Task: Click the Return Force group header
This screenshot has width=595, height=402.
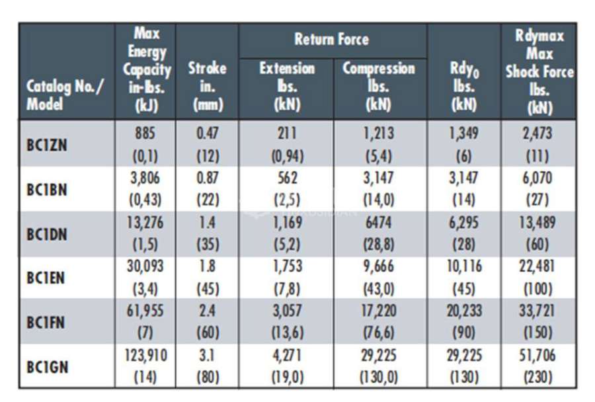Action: tap(332, 40)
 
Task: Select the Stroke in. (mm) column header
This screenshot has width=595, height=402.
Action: tap(207, 87)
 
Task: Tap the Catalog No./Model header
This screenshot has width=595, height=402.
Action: tap(65, 95)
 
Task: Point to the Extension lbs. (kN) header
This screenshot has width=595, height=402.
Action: tap(287, 87)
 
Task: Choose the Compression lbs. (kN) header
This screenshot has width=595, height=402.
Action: tap(379, 87)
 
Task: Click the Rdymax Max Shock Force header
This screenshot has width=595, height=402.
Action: tap(539, 72)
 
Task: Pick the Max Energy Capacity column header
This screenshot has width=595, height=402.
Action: tap(147, 70)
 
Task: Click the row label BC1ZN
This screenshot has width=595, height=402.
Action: tap(47, 145)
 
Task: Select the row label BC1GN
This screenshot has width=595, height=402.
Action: tap(47, 367)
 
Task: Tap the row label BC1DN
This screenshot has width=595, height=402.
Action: tap(47, 234)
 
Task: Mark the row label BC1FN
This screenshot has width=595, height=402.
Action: tap(46, 323)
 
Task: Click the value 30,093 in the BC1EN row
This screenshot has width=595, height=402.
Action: tap(145, 266)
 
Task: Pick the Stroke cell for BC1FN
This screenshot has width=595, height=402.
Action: tap(208, 321)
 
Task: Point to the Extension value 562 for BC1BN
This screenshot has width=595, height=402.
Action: tap(288, 178)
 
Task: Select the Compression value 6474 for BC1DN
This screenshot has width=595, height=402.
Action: tap(379, 222)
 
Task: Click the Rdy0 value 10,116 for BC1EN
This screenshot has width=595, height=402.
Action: tap(464, 266)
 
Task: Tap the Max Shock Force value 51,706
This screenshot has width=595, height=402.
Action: tap(537, 355)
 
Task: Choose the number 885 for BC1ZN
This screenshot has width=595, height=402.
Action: tap(145, 134)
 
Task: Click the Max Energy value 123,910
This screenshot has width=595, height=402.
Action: tap(145, 355)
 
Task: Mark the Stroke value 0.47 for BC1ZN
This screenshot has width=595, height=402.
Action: tap(208, 134)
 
